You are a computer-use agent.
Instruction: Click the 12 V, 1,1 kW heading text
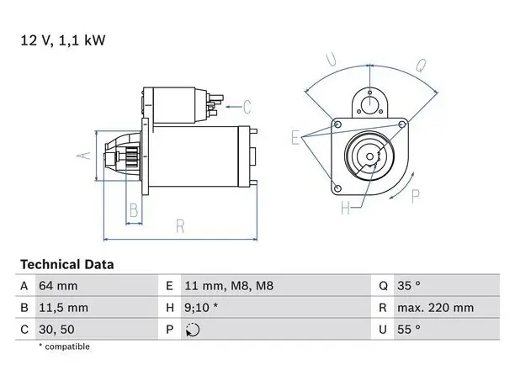click(63, 40)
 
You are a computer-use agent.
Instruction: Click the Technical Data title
click(67, 265)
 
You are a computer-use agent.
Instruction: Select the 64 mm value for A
click(58, 286)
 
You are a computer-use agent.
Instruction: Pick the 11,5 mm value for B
click(63, 308)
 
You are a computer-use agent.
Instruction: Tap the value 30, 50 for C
click(56, 330)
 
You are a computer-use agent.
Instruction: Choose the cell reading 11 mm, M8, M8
click(229, 286)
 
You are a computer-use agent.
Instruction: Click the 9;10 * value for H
click(201, 308)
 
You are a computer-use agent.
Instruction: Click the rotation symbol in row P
click(193, 330)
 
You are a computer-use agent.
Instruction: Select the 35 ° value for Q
click(409, 286)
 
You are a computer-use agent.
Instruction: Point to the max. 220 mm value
click(436, 308)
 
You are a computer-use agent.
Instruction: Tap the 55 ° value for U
click(409, 329)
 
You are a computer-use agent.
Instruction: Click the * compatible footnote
click(64, 346)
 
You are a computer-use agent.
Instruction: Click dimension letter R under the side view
click(180, 226)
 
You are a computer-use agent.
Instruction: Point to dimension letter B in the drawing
click(134, 210)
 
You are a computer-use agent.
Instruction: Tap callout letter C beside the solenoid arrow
click(247, 107)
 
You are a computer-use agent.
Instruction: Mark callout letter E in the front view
click(295, 137)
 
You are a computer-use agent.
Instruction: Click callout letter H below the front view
click(345, 208)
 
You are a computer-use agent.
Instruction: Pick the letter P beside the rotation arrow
click(416, 197)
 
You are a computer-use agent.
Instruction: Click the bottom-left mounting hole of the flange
click(337, 188)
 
